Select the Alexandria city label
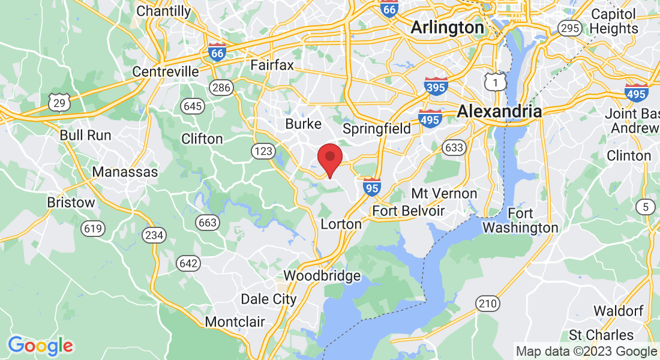click(499, 111)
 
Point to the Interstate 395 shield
click(436, 86)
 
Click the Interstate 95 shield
click(372, 187)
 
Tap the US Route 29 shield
click(61, 103)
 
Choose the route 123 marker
click(263, 151)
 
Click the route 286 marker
click(221, 88)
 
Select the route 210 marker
click(488, 304)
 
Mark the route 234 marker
click(154, 235)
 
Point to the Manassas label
click(125, 172)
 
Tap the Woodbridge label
click(322, 276)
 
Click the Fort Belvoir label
click(409, 211)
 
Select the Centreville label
click(166, 71)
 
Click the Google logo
click(40, 346)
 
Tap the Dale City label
click(268, 299)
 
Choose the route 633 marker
click(454, 147)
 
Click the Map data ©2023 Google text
click(587, 352)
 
